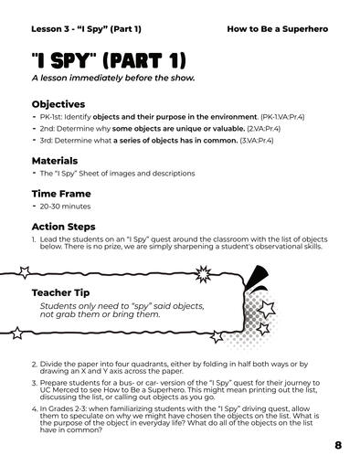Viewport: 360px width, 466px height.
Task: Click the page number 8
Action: pyautogui.click(x=338, y=445)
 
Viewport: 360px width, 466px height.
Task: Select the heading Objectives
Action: pyautogui.click(x=58, y=104)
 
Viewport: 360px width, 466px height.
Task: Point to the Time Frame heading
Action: pyautogui.click(x=59, y=193)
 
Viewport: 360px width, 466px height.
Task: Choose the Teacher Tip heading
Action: pyautogui.click(x=62, y=292)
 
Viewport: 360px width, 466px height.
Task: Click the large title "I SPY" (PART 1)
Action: pyautogui.click(x=109, y=61)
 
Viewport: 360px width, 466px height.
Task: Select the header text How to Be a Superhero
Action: pyautogui.click(x=277, y=28)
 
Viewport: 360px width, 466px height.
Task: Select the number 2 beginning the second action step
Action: pyautogui.click(x=34, y=364)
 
